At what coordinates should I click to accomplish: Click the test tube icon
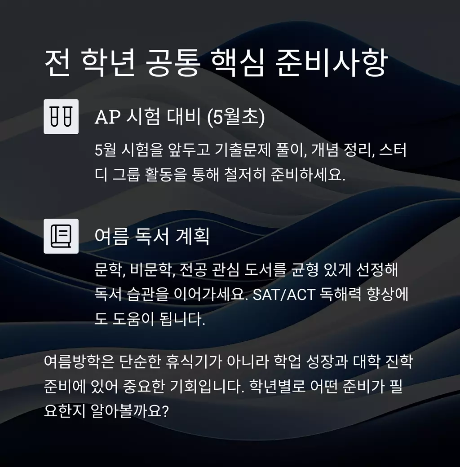[x=61, y=116]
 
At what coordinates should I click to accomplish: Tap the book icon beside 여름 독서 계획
[x=61, y=236]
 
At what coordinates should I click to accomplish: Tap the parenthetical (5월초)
[x=236, y=117]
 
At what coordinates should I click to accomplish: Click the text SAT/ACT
[x=283, y=295]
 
